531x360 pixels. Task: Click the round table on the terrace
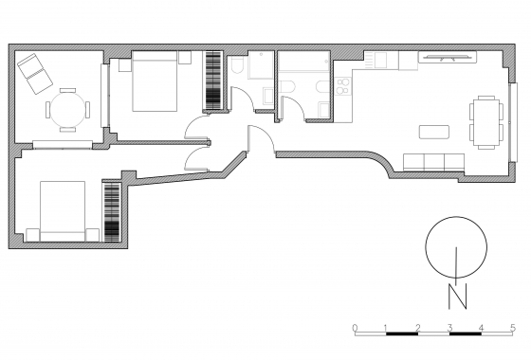[x=64, y=110]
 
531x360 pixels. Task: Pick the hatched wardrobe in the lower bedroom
[x=114, y=211]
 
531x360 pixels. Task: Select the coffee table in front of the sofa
[x=434, y=129]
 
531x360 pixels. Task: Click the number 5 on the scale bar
[x=513, y=328]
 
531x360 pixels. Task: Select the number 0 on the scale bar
[x=355, y=328]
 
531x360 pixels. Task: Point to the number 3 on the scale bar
[x=449, y=328]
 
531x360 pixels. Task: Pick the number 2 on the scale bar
[x=418, y=328]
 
